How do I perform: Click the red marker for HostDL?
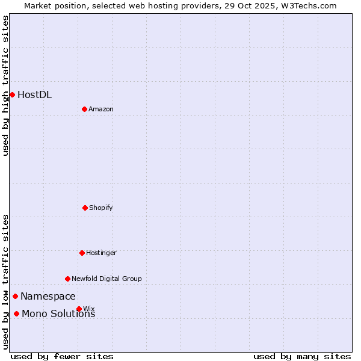[12, 94]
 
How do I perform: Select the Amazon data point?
[84, 109]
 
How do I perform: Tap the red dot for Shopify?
[85, 208]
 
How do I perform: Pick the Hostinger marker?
[82, 253]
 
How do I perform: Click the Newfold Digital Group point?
[67, 279]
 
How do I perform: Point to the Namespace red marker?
[15, 296]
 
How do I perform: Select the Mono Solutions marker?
[16, 313]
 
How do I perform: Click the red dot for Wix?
[79, 309]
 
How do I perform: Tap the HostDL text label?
[34, 95]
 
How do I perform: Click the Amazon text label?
[101, 110]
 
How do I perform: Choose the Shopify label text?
[101, 208]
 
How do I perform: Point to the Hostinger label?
[101, 253]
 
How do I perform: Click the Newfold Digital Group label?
[106, 279]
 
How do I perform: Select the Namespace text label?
[48, 297]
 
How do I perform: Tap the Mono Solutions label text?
[58, 314]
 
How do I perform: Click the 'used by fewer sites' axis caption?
[62, 356]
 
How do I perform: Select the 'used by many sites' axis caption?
[302, 356]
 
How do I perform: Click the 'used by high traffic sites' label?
[5, 85]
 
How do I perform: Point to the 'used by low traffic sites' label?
[5, 282]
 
